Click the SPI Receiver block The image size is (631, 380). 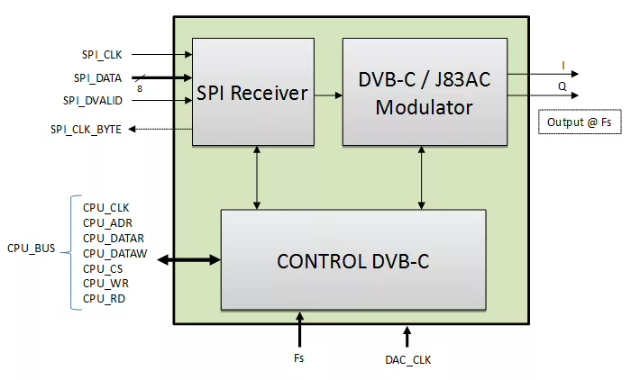(252, 92)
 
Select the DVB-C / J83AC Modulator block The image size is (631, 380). (424, 92)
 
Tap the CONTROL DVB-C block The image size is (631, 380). (353, 261)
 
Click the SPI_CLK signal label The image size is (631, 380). (100, 55)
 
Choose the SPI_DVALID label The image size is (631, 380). (92, 101)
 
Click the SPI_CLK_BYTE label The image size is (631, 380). (87, 130)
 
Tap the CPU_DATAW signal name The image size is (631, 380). (115, 253)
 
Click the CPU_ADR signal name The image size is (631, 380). (107, 222)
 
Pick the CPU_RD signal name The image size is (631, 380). (104, 298)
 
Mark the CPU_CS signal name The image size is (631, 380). (103, 268)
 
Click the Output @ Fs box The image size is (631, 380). (579, 122)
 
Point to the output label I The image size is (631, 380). (563, 64)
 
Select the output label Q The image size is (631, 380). (562, 86)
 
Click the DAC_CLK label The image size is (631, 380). (407, 359)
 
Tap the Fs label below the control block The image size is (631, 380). (298, 358)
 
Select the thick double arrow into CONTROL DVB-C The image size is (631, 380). (190, 260)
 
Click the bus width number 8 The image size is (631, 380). (139, 88)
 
